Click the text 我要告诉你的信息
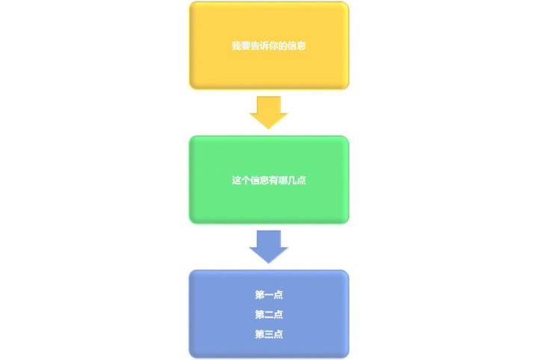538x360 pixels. [x=269, y=46]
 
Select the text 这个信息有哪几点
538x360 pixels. [x=269, y=180]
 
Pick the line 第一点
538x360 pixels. [x=269, y=295]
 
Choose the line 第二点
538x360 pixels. [x=269, y=314]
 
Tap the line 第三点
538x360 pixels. [x=269, y=334]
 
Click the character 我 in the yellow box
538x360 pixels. [x=236, y=46]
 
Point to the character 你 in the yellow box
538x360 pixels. [x=273, y=46]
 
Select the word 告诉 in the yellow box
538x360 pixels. [x=259, y=46]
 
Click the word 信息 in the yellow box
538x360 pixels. [x=297, y=46]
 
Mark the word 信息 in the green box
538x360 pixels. [x=259, y=180]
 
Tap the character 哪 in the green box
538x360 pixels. [x=283, y=180]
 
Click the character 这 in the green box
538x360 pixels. [x=236, y=180]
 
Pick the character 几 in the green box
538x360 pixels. [x=292, y=180]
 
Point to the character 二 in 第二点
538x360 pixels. [x=269, y=314]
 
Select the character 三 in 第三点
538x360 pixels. [x=269, y=334]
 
